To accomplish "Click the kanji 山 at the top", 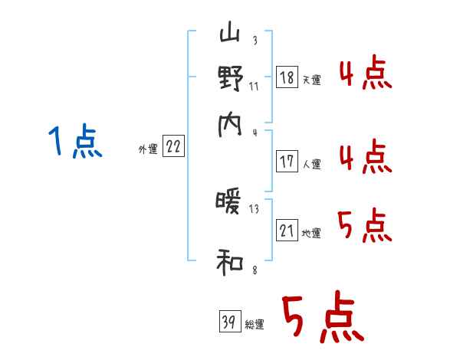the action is pyautogui.click(x=230, y=35).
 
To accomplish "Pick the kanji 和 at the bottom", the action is pyautogui.click(x=230, y=263).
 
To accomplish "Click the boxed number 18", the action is pyautogui.click(x=287, y=77).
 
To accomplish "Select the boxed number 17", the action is pyautogui.click(x=287, y=162).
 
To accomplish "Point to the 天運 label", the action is pyautogui.click(x=312, y=80).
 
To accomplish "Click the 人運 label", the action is pyautogui.click(x=312, y=164).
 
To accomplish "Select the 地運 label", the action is pyautogui.click(x=312, y=234).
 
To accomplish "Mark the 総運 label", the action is pyautogui.click(x=255, y=325).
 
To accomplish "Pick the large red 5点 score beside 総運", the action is pyautogui.click(x=322, y=318).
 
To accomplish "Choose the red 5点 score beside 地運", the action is pyautogui.click(x=365, y=226).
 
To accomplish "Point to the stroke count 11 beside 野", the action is pyautogui.click(x=254, y=86).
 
